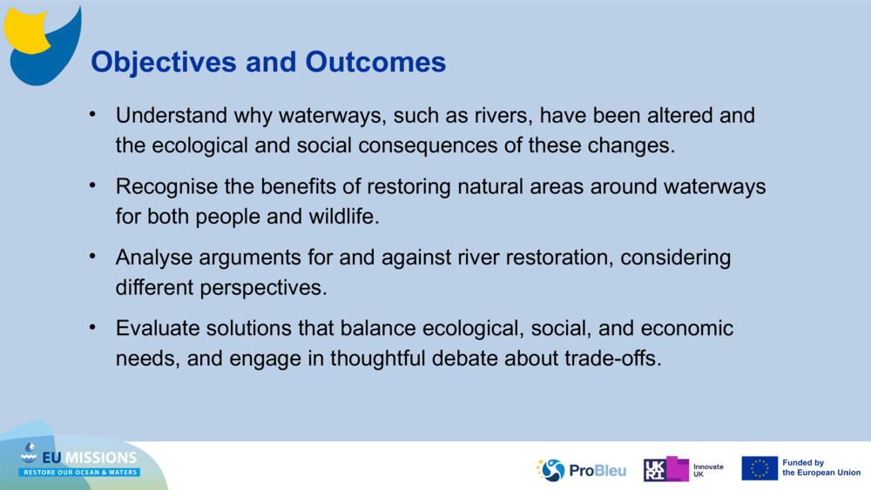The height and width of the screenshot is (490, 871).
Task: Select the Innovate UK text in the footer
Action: click(x=707, y=470)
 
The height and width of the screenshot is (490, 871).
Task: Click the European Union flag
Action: click(x=760, y=468)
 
